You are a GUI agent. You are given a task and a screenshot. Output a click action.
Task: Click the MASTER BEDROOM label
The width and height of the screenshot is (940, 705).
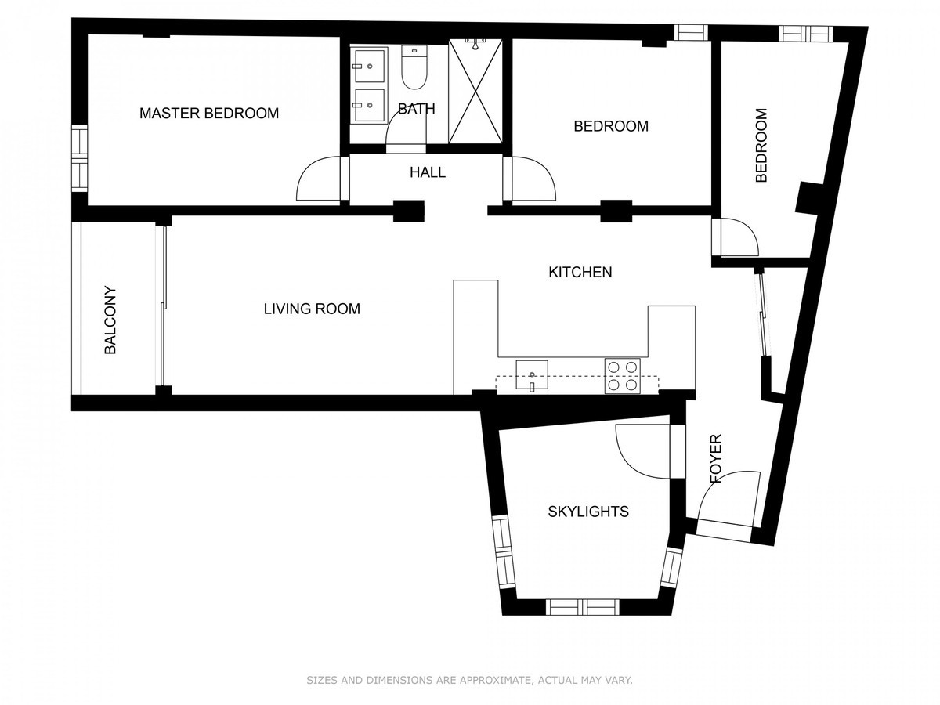pyautogui.click(x=209, y=113)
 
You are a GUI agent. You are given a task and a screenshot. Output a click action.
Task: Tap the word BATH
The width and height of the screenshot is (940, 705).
pyautogui.click(x=416, y=109)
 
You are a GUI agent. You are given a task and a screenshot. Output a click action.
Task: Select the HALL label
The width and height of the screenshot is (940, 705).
pyautogui.click(x=428, y=172)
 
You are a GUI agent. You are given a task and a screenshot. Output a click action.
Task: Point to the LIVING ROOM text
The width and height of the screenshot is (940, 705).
pyautogui.click(x=312, y=309)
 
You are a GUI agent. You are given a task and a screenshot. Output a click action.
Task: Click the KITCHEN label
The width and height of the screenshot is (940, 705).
pyautogui.click(x=580, y=272)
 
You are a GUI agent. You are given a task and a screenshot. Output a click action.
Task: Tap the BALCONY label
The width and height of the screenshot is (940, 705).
pyautogui.click(x=110, y=320)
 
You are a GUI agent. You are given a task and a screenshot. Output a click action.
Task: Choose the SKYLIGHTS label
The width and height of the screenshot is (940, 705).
pyautogui.click(x=588, y=511)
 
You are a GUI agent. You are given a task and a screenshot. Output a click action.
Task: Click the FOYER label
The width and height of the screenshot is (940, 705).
pyautogui.click(x=716, y=458)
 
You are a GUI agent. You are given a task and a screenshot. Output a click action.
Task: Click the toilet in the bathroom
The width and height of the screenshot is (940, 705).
pyautogui.click(x=414, y=67)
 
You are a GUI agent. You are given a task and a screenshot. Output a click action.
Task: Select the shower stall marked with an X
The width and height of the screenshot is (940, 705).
pyautogui.click(x=475, y=91)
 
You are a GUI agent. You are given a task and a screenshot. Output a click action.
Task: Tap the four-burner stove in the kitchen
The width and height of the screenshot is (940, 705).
pyautogui.click(x=622, y=376)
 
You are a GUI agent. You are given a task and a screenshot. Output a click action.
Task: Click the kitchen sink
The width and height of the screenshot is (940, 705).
pyautogui.click(x=531, y=374)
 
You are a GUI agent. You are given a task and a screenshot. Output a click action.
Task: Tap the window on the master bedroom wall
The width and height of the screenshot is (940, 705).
pyautogui.click(x=80, y=158)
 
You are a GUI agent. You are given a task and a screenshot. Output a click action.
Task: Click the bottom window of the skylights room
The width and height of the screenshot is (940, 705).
pyautogui.click(x=584, y=607)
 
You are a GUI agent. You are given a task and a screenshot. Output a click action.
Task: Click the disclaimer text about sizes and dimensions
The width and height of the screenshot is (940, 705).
pyautogui.click(x=469, y=680)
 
